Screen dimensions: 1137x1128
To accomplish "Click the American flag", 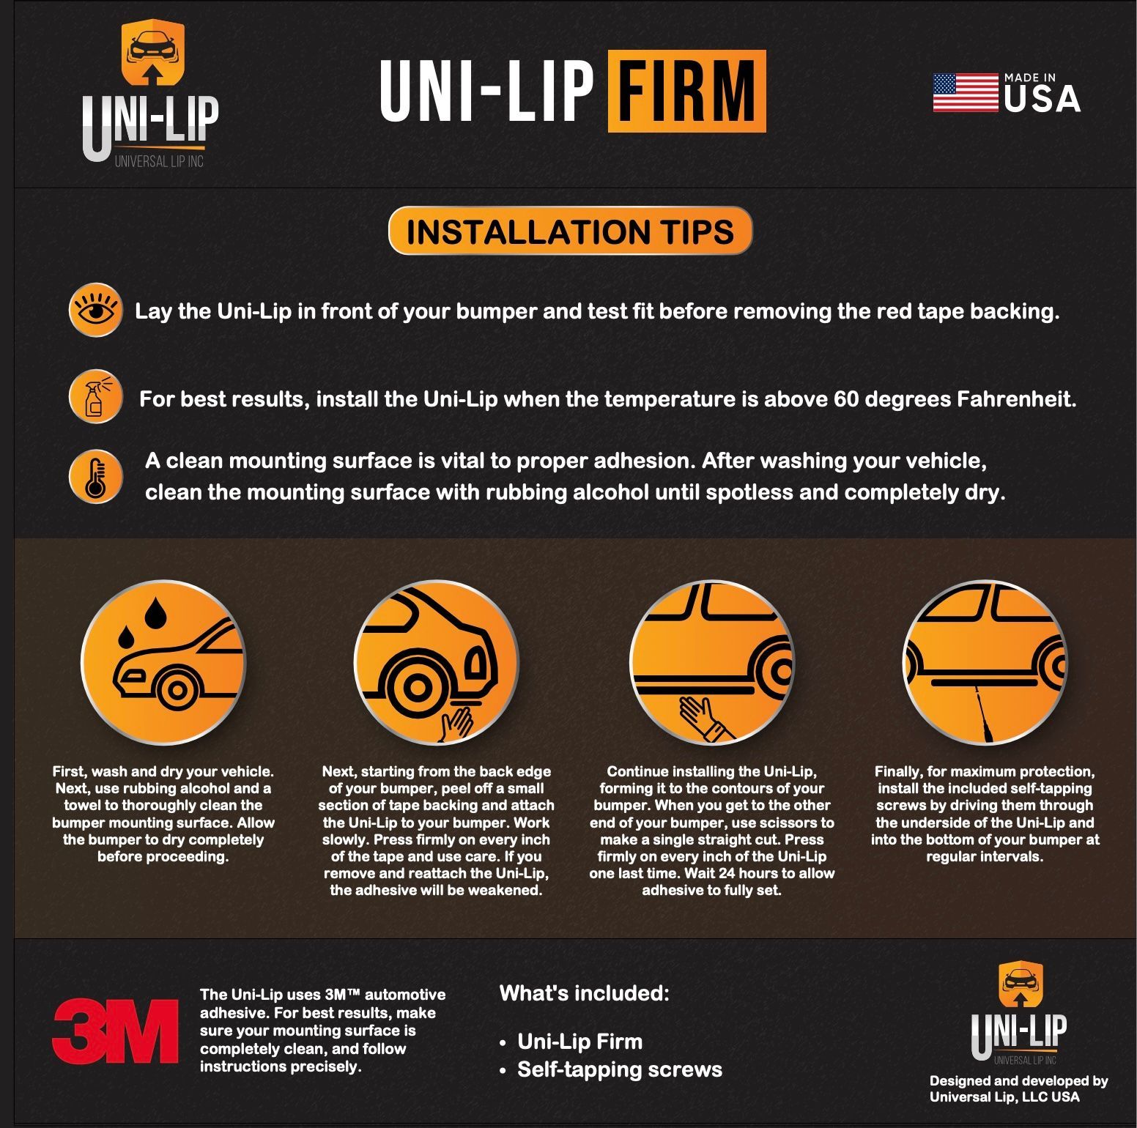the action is click(x=966, y=92).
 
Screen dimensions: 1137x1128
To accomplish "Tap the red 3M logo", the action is click(x=114, y=1031).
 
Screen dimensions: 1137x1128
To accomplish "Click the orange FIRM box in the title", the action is click(x=686, y=92).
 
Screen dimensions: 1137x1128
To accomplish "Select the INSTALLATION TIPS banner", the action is click(x=570, y=231).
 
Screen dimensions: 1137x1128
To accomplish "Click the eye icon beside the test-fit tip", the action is click(x=95, y=310).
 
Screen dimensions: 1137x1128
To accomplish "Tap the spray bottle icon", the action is click(x=95, y=397).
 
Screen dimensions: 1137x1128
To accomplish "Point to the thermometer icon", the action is click(x=95, y=477).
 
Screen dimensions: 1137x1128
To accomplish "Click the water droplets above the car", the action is click(x=144, y=622).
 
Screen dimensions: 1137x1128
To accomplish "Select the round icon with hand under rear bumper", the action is click(x=436, y=664).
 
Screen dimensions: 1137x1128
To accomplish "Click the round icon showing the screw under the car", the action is click(x=985, y=664).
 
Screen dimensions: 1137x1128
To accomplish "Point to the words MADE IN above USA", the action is click(x=1029, y=77).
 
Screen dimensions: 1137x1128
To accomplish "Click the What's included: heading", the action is click(x=584, y=993).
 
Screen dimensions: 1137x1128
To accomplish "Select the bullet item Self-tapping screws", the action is click(x=620, y=1069).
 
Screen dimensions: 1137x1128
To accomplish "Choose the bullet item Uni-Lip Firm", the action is click(x=579, y=1042).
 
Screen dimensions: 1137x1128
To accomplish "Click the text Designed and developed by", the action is click(x=1018, y=1080).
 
